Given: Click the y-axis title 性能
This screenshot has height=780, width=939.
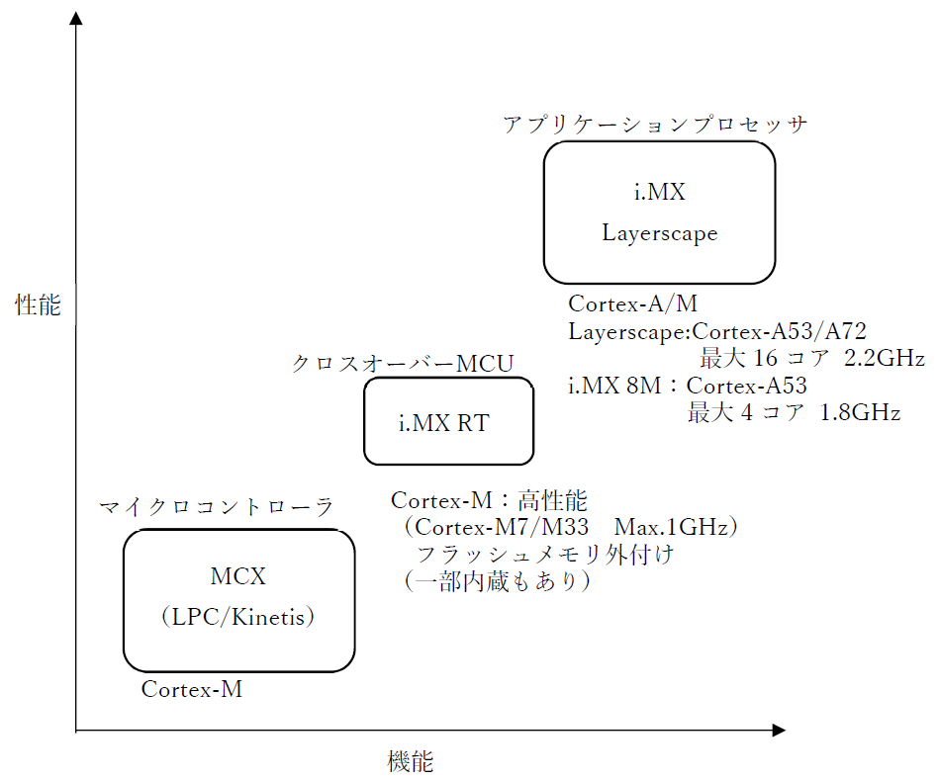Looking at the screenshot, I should [38, 305].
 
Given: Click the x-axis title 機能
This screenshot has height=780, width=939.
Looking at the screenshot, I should [410, 762].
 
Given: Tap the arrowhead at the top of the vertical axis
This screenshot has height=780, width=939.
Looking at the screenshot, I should [76, 19].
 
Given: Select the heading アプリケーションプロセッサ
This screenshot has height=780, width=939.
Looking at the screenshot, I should [656, 125].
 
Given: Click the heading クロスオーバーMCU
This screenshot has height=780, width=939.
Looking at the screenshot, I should [402, 364].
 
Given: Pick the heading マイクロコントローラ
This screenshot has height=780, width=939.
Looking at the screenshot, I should [216, 507].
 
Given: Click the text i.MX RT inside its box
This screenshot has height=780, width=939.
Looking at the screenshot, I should [444, 423].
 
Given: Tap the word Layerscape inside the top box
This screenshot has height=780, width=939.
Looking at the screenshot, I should [659, 234].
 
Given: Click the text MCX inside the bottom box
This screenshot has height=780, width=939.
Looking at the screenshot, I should [238, 576].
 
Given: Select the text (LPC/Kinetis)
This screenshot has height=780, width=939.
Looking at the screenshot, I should [237, 618].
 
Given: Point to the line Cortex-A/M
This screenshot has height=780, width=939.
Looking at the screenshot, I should [639, 303].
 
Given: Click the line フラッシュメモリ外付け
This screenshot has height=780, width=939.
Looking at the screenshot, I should [545, 555].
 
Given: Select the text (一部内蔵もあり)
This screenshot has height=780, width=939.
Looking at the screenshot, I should [496, 582].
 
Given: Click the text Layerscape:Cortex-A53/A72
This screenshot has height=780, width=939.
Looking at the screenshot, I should [717, 331].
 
